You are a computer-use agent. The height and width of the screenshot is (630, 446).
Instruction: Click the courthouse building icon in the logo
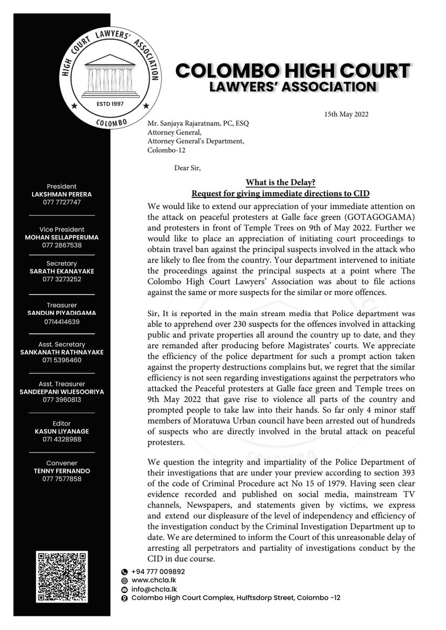coord(111,72)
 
